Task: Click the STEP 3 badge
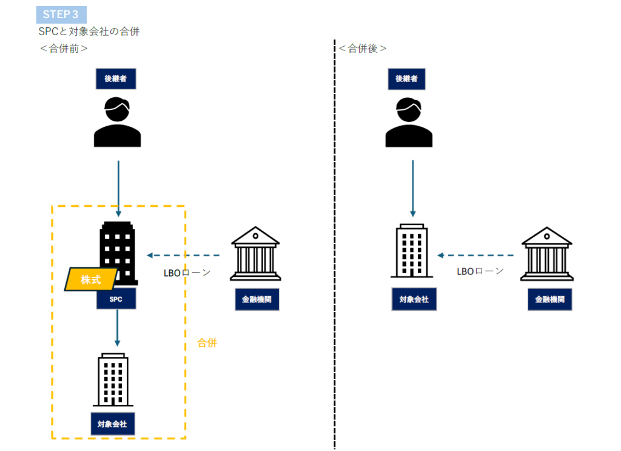(x=61, y=15)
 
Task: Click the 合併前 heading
(x=64, y=49)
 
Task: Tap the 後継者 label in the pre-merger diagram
(x=116, y=79)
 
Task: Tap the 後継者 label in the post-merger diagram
(x=406, y=79)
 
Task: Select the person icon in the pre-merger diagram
(x=117, y=122)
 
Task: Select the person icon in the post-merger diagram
(x=409, y=122)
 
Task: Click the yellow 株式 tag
(x=91, y=280)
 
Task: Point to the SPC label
(x=116, y=299)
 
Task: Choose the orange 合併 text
(x=207, y=343)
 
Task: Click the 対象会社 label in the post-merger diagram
(x=414, y=299)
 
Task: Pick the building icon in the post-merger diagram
(x=412, y=251)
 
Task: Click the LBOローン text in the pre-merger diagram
(x=187, y=273)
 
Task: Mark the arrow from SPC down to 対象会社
(x=117, y=328)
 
